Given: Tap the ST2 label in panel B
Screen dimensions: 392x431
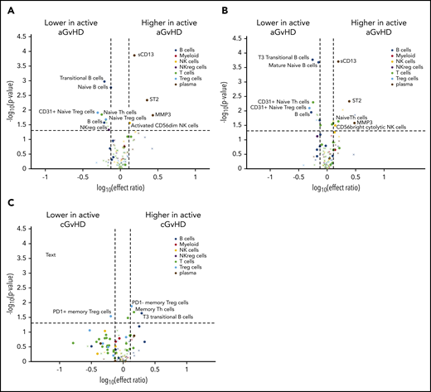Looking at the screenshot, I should tap(356, 101).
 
